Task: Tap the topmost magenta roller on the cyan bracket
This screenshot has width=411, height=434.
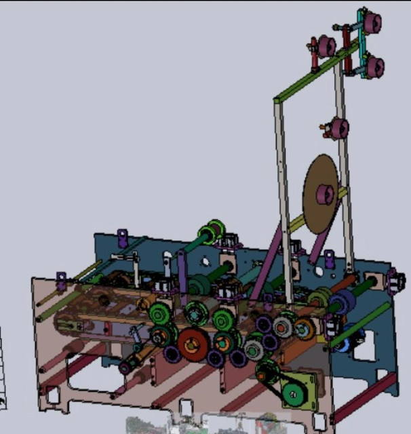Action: pos(371,22)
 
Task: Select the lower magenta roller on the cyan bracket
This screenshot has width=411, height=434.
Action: pos(374,66)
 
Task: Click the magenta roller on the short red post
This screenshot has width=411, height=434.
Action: pos(326,46)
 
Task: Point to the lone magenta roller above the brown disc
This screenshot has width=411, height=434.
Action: pos(338,128)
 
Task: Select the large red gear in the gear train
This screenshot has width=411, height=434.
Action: pos(193,344)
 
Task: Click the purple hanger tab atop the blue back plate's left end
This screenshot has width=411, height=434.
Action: pos(122,238)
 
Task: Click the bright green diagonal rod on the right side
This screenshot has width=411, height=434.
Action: pos(359,325)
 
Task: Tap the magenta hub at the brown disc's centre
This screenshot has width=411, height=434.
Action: pos(326,195)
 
